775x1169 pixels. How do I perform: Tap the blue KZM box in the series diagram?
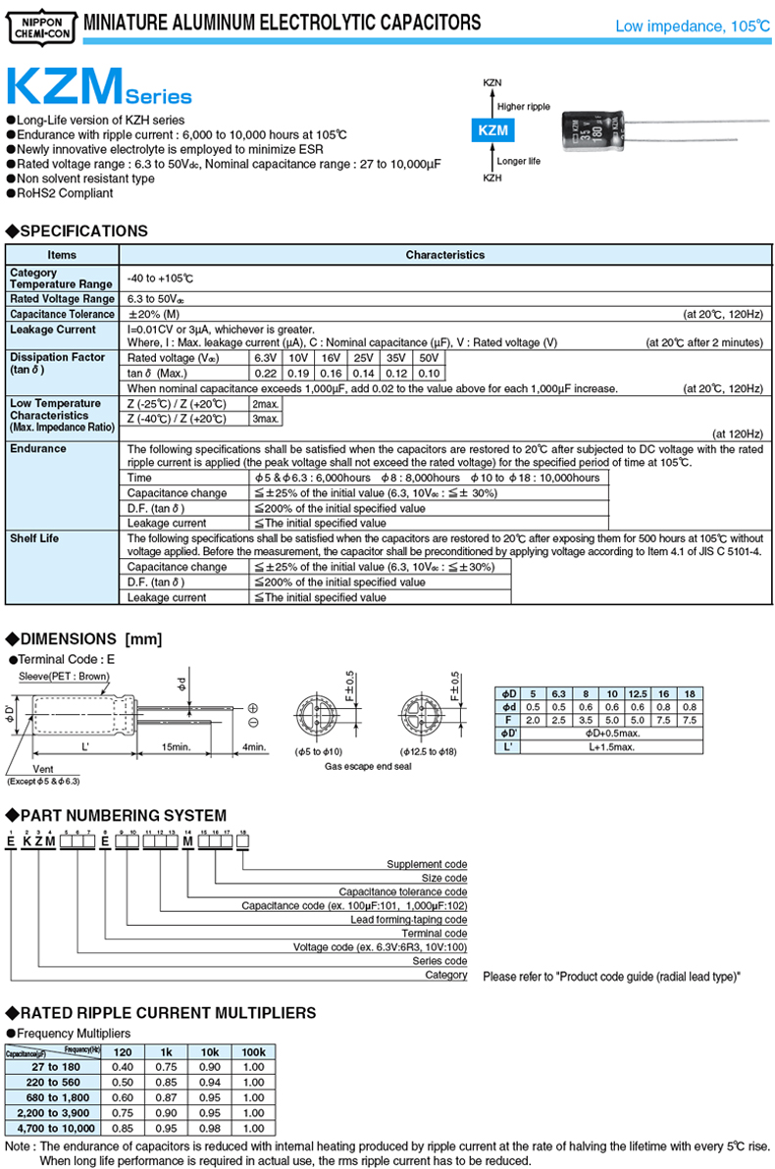492,130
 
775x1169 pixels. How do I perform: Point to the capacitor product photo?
592,130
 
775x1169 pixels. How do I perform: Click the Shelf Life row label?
38,538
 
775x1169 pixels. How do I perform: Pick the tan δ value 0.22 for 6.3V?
265,374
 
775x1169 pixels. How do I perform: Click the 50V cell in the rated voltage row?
429,358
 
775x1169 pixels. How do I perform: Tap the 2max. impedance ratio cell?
265,404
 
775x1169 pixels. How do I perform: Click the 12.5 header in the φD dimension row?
638,692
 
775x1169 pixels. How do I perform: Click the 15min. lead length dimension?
177,747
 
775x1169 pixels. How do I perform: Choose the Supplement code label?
427,864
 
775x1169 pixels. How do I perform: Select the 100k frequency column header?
253,1052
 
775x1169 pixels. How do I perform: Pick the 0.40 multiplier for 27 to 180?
123,1066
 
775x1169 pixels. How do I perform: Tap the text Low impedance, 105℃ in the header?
692,26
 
